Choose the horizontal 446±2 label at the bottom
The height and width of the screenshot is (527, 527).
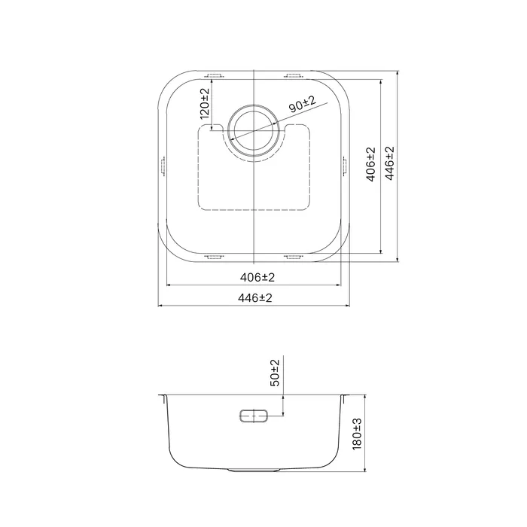pos(254,298)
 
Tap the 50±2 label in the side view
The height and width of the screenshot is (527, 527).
pos(275,373)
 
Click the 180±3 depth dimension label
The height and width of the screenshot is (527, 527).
pos(357,434)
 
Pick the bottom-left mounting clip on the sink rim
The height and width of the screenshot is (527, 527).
pos(214,257)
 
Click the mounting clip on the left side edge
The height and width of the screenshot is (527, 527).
pos(162,166)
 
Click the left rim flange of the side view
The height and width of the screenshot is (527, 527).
pos(163,398)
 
